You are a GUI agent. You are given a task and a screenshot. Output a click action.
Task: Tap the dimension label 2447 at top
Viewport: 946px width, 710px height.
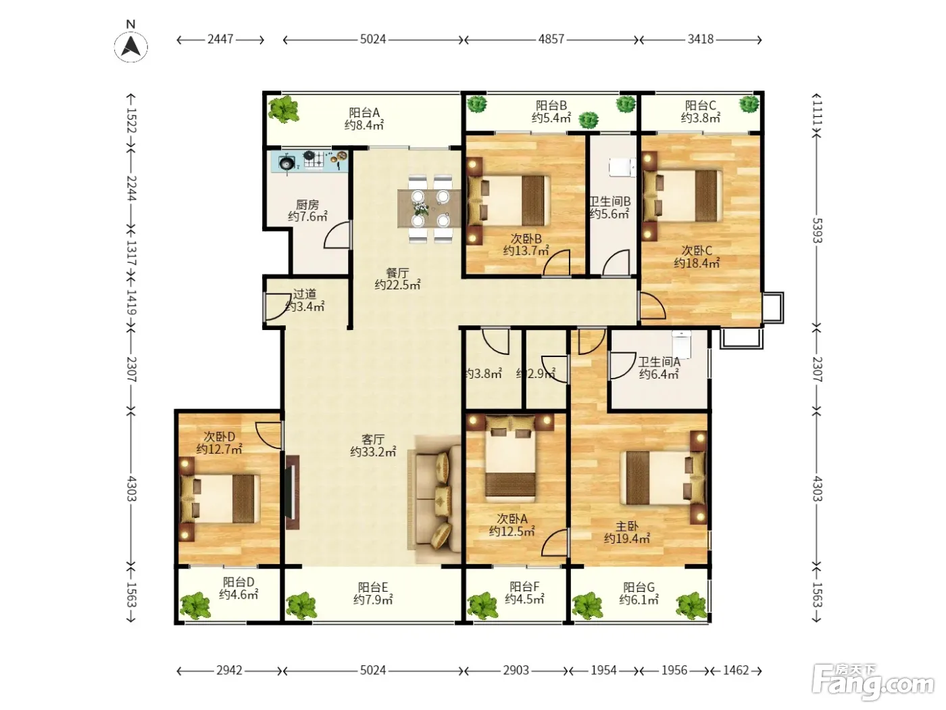click(220, 39)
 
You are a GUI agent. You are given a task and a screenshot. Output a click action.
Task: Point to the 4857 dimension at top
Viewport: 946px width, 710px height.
click(551, 39)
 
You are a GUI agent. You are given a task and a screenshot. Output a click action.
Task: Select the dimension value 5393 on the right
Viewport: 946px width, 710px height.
click(817, 231)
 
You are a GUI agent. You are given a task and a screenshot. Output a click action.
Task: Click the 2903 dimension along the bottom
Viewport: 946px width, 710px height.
click(516, 670)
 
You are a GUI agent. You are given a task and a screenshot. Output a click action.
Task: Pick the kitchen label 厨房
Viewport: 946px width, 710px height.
click(307, 204)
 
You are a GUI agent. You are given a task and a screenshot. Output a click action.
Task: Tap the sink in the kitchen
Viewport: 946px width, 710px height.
click(287, 164)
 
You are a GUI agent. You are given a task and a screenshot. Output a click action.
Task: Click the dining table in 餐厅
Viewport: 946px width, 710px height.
click(430, 208)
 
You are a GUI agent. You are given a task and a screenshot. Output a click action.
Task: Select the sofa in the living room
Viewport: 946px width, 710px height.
click(434, 499)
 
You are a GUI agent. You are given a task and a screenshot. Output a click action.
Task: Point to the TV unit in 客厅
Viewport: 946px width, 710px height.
click(292, 492)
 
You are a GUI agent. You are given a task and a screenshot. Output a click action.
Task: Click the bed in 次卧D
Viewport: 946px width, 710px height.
click(220, 499)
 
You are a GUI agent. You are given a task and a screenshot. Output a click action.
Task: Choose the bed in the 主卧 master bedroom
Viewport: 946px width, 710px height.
click(663, 477)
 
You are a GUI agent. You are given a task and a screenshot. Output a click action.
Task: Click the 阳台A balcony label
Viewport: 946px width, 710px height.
click(364, 112)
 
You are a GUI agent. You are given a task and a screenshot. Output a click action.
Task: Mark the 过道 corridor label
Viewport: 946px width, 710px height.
click(305, 294)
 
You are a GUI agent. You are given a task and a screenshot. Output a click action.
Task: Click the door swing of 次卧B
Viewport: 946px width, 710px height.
click(556, 262)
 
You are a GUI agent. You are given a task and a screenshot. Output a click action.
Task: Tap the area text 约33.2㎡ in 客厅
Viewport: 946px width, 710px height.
click(373, 452)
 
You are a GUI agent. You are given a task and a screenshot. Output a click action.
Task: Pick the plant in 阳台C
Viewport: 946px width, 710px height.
click(749, 104)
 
